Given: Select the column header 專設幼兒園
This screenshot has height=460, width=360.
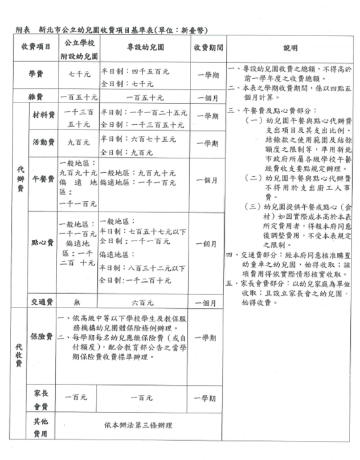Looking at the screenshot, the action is (144, 49).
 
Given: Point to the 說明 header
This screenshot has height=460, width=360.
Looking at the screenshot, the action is (290, 49).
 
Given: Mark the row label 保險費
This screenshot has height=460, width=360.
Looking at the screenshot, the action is (43, 337).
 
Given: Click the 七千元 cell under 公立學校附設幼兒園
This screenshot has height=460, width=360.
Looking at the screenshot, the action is (81, 75).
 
